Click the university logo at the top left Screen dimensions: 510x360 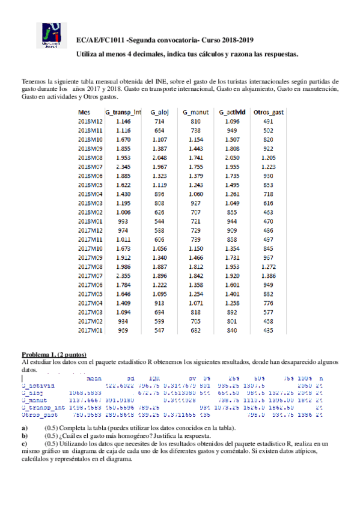[51, 35]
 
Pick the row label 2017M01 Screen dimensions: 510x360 [91, 330]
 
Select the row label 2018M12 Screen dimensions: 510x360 [91, 121]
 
